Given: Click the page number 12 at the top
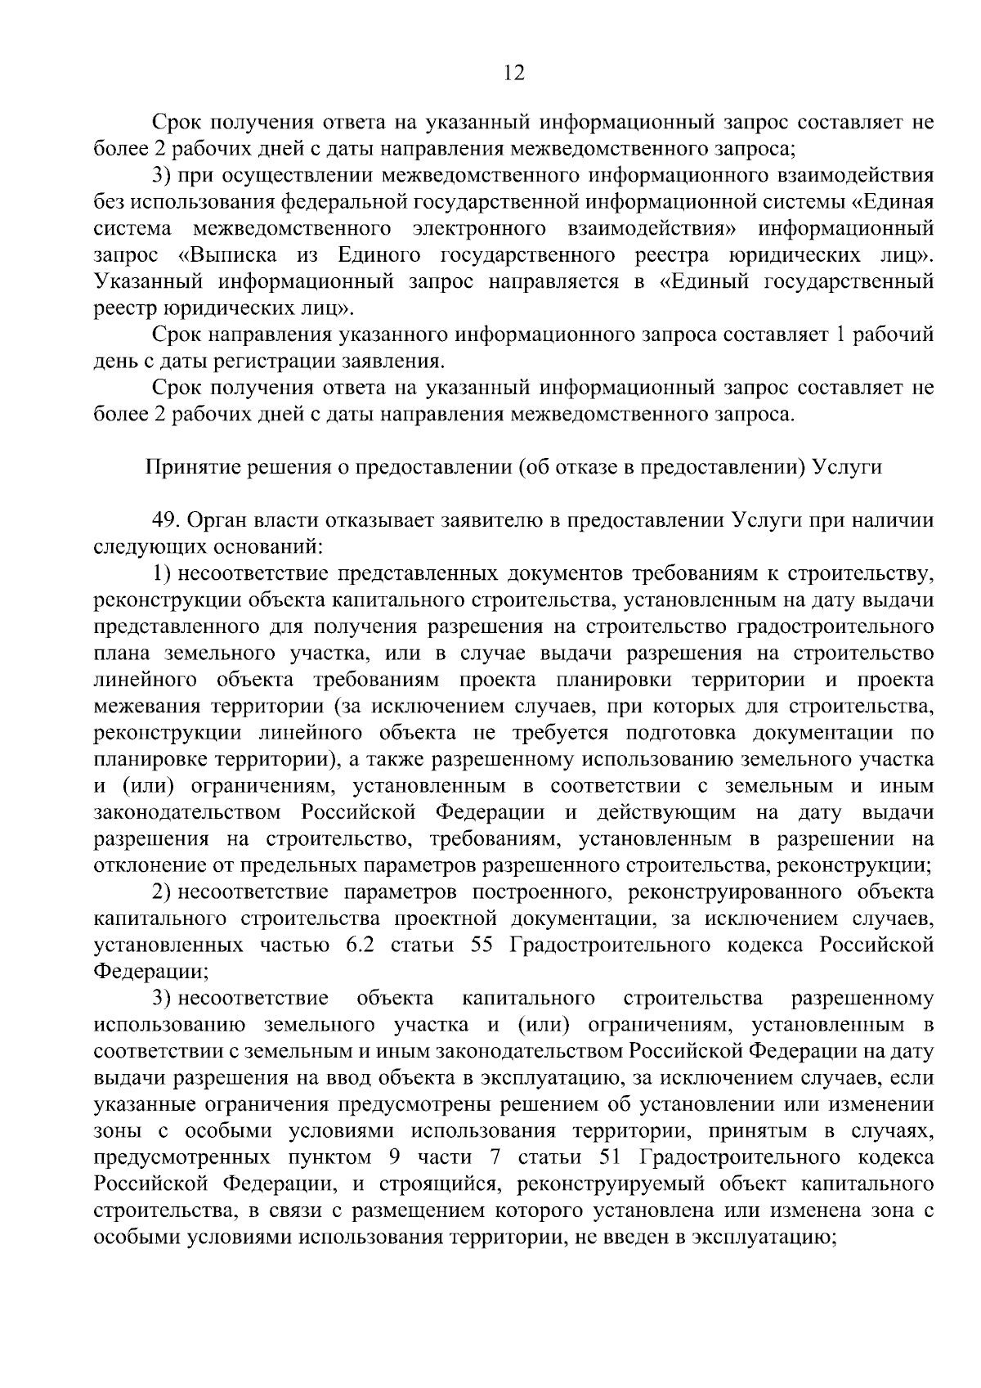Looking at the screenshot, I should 513,73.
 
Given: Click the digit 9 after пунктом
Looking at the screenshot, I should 389,1158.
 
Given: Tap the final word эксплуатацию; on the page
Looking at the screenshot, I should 762,1238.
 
